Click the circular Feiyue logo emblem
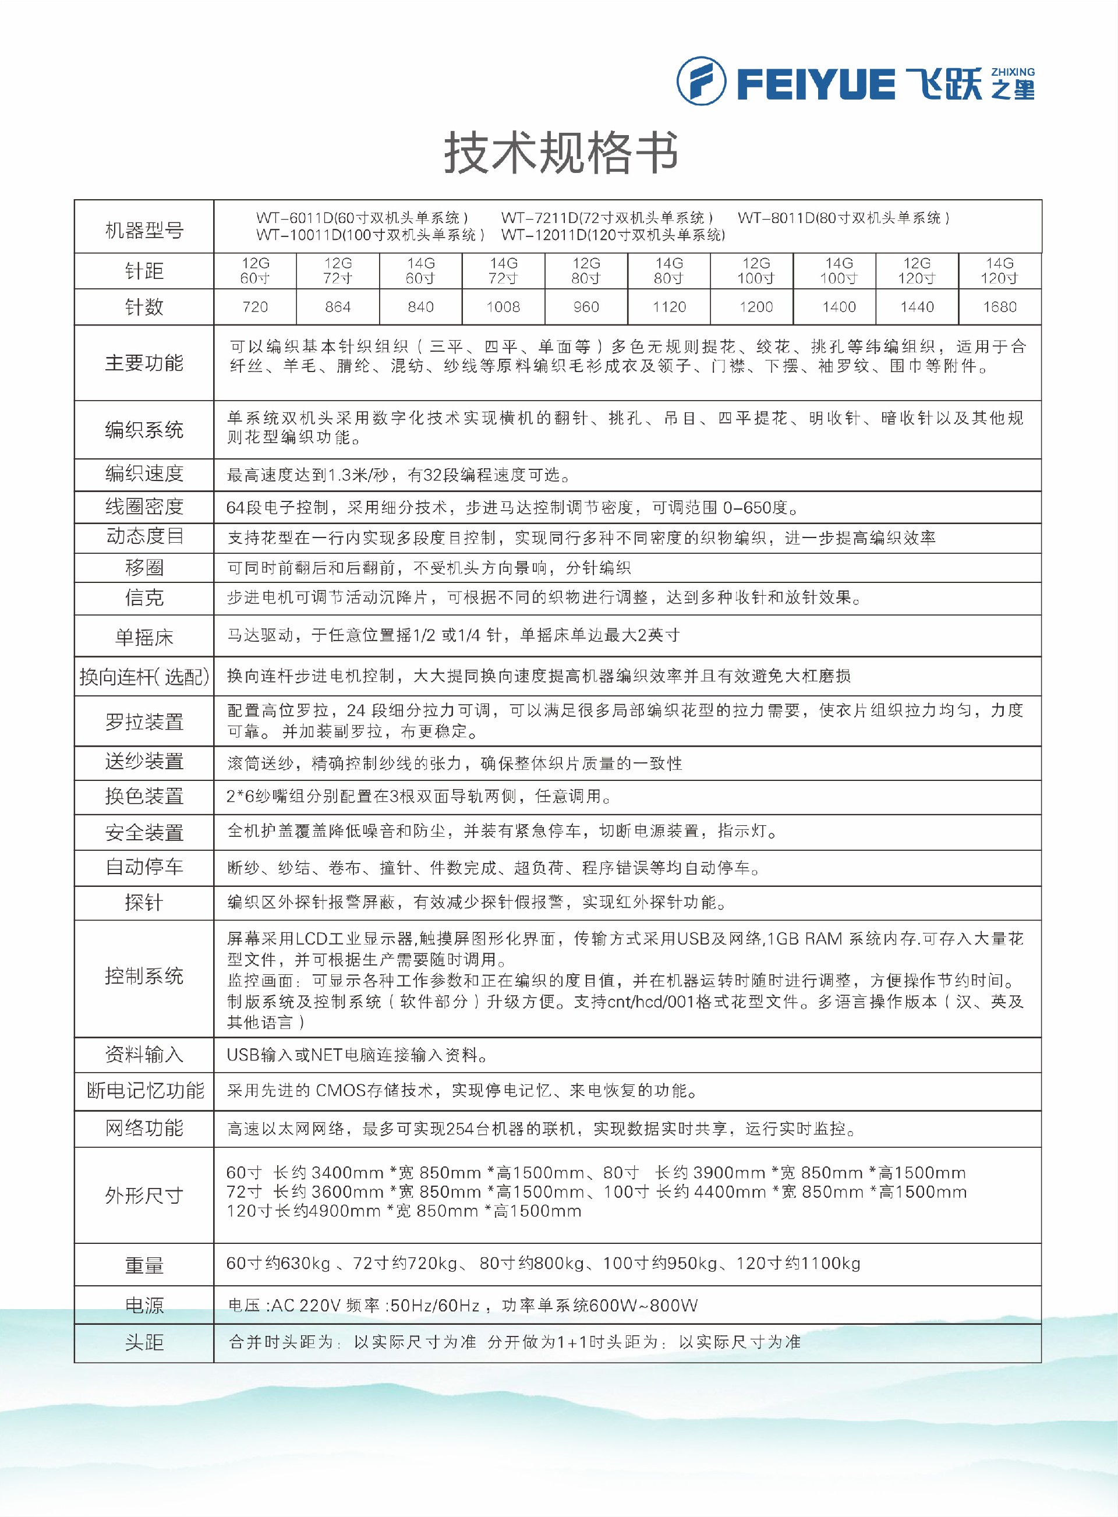click(x=701, y=81)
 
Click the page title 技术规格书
click(x=561, y=153)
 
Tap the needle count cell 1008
click(x=503, y=307)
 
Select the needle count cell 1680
click(x=1000, y=307)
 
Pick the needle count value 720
click(x=255, y=307)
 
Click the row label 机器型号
click(x=144, y=231)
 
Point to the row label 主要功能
click(x=144, y=363)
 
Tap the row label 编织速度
click(x=144, y=473)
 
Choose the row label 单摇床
click(x=144, y=636)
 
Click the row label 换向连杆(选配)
click(x=144, y=677)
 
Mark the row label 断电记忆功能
click(x=144, y=1090)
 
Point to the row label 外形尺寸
click(x=144, y=1196)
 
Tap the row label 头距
click(x=144, y=1342)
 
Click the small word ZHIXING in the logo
click(x=1013, y=72)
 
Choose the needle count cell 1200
click(x=756, y=307)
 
